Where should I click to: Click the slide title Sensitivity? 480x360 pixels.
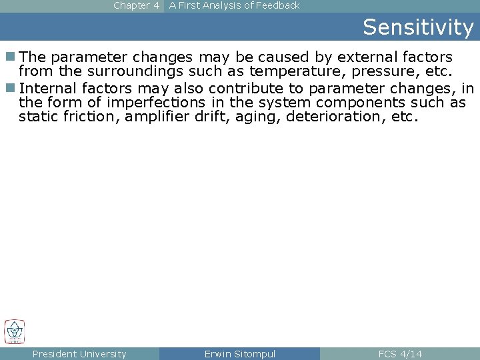click(x=418, y=27)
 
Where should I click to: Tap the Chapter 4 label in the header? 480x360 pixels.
click(x=136, y=5)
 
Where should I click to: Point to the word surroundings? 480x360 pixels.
click(x=141, y=71)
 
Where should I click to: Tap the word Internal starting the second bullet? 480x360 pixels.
click(x=49, y=88)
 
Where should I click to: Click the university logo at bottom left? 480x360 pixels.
click(x=14, y=331)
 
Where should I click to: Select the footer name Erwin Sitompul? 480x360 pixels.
click(x=239, y=354)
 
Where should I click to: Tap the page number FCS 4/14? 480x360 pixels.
click(x=400, y=354)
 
